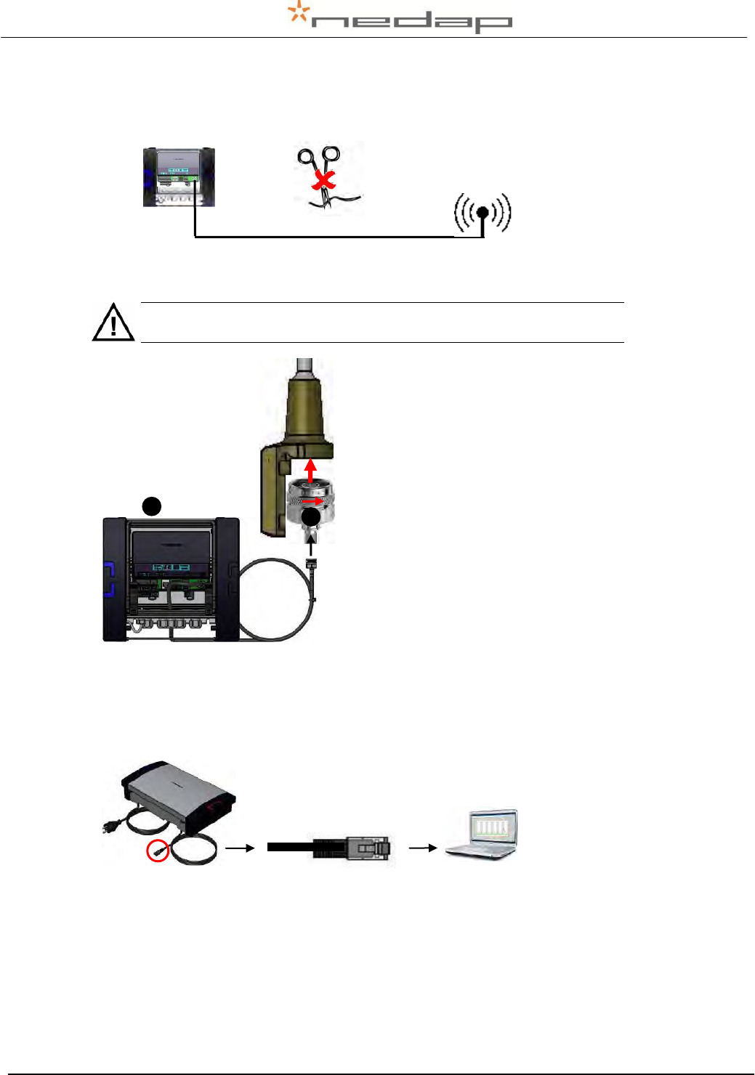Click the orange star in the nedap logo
(297, 13)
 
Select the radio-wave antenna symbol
(483, 214)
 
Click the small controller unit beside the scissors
(179, 177)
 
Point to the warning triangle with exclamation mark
(113, 322)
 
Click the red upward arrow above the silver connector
(311, 471)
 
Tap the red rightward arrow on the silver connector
(315, 501)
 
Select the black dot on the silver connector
(311, 517)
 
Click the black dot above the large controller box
(151, 506)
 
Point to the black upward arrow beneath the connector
(311, 545)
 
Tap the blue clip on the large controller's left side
(108, 578)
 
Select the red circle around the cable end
(158, 850)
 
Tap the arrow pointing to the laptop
(422, 848)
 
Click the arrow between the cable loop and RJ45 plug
(240, 848)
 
